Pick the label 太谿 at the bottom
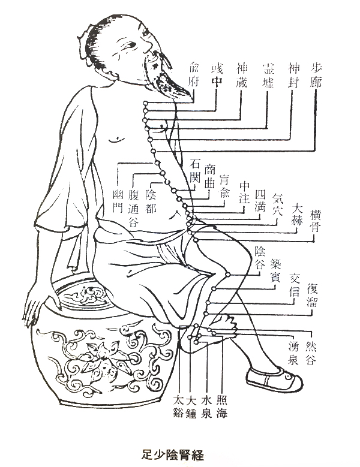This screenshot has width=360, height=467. [x=178, y=406]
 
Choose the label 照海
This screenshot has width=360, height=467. [x=221, y=406]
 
